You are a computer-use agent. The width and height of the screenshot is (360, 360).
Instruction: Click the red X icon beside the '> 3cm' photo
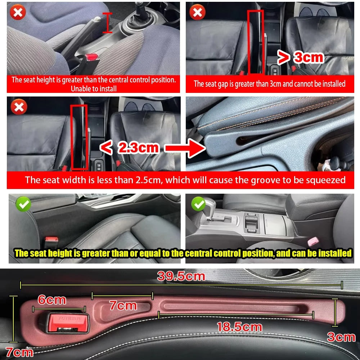[x=197, y=13]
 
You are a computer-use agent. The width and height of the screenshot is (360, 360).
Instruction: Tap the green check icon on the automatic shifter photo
[x=198, y=204]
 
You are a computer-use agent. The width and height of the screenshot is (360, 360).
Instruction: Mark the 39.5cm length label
[x=181, y=276]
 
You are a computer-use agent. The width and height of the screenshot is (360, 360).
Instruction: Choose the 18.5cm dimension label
[x=239, y=327]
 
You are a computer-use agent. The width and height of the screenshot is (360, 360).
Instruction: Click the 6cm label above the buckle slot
[x=52, y=300]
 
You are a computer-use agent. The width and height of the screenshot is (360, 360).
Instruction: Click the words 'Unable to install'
[x=94, y=88]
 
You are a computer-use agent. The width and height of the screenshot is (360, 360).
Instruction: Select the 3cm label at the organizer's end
[x=341, y=337]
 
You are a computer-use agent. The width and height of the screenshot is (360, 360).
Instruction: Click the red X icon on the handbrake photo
[x=18, y=13]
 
